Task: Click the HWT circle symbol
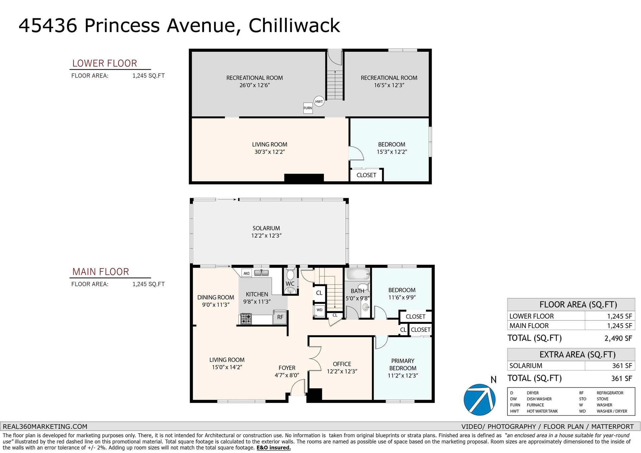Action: tap(319, 101)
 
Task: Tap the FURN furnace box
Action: tap(308, 108)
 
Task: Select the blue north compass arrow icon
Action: tap(479, 400)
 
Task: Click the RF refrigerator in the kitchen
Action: tap(280, 317)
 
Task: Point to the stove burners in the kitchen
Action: tap(246, 319)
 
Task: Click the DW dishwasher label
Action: tap(246, 274)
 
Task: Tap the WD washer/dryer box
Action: tap(319, 310)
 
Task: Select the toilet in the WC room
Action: tap(290, 274)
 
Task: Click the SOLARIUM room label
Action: tap(266, 228)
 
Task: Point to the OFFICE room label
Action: tap(342, 364)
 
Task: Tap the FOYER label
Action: tap(287, 368)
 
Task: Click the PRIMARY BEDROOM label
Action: tap(403, 365)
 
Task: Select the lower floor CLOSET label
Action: tap(366, 175)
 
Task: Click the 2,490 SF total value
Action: tap(618, 338)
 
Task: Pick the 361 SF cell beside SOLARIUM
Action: tap(622, 366)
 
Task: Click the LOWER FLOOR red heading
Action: tap(104, 63)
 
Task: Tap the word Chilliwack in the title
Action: tap(294, 25)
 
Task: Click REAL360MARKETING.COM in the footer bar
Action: tap(45, 426)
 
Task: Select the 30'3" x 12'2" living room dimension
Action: tap(269, 152)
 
